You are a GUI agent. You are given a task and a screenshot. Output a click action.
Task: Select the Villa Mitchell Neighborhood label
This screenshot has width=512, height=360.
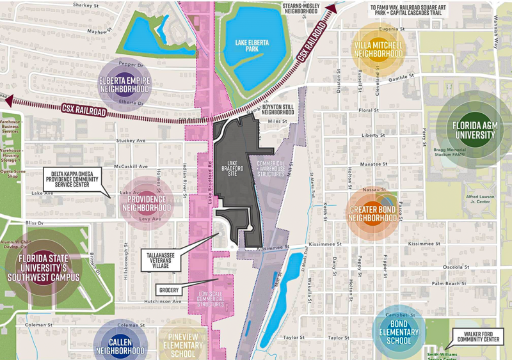378,50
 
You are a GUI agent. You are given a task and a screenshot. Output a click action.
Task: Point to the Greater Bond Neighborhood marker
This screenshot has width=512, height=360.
373,213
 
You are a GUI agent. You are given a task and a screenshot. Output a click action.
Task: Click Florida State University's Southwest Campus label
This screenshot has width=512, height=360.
44,268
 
